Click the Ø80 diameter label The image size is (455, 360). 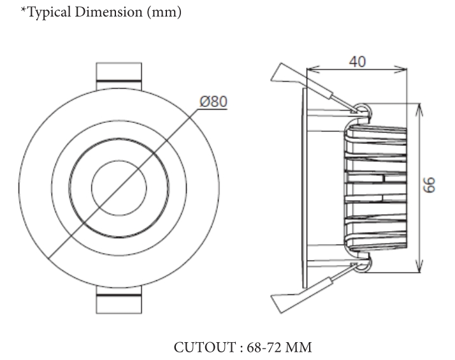(x=213, y=101)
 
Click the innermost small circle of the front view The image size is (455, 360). (x=119, y=188)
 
